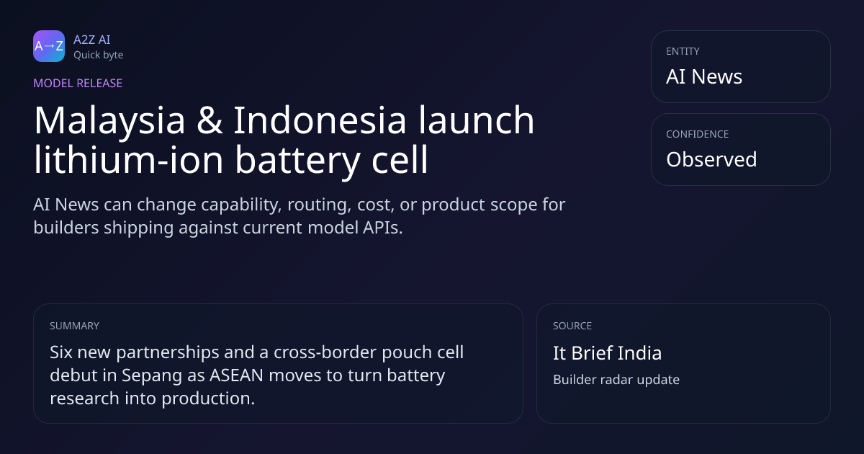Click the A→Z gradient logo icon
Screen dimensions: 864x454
click(49, 46)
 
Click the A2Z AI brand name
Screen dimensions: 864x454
click(92, 40)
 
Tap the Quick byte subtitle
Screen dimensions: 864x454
click(99, 55)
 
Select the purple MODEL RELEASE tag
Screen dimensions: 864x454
click(78, 83)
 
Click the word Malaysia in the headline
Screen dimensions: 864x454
click(109, 121)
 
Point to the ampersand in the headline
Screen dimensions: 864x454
click(210, 120)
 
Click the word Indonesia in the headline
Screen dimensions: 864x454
click(320, 120)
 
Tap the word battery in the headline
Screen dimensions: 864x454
click(297, 161)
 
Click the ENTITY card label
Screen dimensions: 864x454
click(683, 51)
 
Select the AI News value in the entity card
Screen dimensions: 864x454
click(704, 76)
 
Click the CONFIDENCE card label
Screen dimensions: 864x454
click(698, 134)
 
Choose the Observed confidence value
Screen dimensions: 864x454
click(711, 159)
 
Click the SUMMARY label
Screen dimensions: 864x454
click(74, 326)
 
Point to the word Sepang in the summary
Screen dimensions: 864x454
click(152, 376)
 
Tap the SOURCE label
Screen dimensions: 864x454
click(572, 326)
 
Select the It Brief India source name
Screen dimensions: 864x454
click(608, 353)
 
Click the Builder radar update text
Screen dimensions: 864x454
click(616, 380)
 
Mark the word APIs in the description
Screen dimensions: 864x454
click(382, 228)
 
